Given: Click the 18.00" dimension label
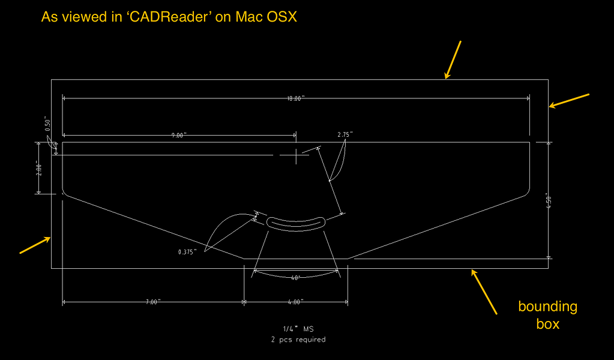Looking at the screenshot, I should click(x=296, y=98).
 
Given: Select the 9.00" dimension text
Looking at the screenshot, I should click(x=178, y=136).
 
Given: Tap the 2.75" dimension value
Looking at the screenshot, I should click(x=345, y=135).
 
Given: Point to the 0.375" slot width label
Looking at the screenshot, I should click(x=188, y=252).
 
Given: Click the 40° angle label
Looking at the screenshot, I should click(x=295, y=278).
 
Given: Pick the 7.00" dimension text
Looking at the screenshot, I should click(x=152, y=302).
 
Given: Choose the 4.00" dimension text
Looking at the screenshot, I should click(x=295, y=302).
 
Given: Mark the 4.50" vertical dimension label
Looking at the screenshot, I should click(x=547, y=200).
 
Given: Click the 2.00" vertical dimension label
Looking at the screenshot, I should click(x=39, y=168).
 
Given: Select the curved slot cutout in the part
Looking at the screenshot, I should click(x=295, y=223).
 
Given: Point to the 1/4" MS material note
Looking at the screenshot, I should click(x=298, y=329).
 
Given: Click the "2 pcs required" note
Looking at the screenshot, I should click(x=298, y=340).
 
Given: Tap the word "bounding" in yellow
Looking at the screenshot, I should click(x=547, y=307).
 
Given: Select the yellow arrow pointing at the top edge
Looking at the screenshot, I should click(x=453, y=59).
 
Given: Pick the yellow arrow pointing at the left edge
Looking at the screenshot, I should click(x=35, y=245).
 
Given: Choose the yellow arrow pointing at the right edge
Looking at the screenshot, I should click(x=570, y=101).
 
